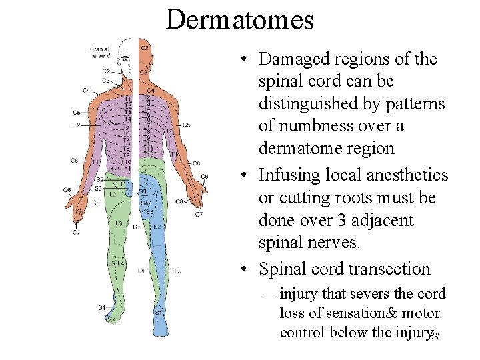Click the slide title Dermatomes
[239, 19]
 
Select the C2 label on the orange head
[144, 48]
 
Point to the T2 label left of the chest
[77, 125]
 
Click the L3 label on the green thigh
[118, 223]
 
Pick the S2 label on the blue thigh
[156, 227]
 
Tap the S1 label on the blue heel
[159, 312]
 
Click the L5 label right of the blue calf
[177, 271]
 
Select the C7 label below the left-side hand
[77, 232]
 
